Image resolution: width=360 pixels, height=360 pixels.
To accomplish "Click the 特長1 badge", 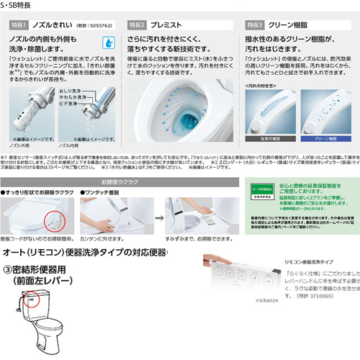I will coord(18,24).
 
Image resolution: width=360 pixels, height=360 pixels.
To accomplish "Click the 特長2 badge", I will coord(138,24).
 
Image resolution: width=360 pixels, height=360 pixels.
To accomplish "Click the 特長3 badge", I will coord(257,24).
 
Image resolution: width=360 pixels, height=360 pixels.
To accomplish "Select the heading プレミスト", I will coord(171,24).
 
